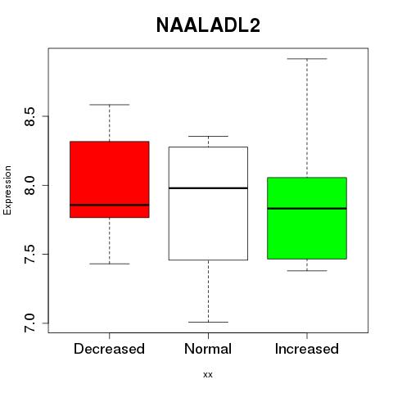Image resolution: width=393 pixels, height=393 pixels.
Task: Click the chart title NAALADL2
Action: point(208,25)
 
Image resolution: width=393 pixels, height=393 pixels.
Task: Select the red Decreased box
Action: point(110,179)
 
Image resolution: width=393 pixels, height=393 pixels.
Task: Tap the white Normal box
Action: point(208,203)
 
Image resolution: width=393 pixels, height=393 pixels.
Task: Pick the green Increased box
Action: point(307,218)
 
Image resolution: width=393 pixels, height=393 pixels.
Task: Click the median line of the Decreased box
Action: point(110,205)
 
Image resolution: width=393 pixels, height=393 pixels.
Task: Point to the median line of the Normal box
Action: point(208,188)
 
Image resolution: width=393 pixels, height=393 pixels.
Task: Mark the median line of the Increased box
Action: point(307,208)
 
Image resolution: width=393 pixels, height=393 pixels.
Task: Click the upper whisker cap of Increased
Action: point(307,59)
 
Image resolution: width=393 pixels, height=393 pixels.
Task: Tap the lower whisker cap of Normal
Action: point(208,322)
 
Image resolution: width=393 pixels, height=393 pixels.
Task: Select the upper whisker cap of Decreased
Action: point(110,105)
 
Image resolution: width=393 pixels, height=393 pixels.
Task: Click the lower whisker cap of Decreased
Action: point(110,264)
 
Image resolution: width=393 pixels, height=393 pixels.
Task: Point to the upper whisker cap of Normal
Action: point(208,136)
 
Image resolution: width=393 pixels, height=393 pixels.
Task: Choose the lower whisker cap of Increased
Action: point(307,271)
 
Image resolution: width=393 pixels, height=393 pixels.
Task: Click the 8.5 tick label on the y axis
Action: point(29,116)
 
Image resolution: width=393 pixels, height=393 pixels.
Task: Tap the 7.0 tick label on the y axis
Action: point(29,323)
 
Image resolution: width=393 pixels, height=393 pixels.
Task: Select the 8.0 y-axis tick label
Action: point(29,185)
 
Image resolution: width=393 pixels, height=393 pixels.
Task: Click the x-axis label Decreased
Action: point(109,349)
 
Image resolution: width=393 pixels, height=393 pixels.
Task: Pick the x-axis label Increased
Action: point(307,349)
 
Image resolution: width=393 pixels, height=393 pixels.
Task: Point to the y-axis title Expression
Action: point(7,190)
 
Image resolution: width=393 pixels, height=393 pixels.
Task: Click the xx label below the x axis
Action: point(208,375)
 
